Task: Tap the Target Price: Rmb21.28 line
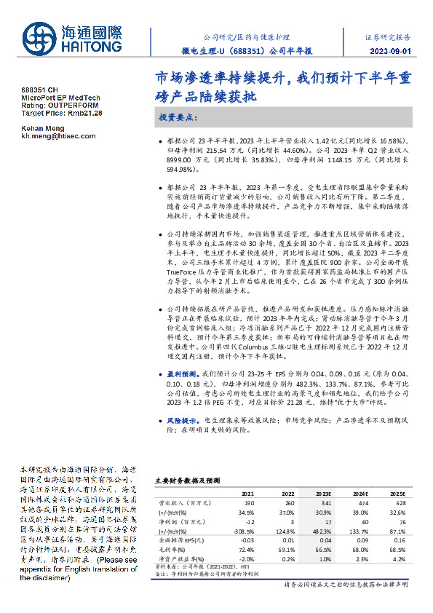click(62, 114)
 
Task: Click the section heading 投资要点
click(177, 116)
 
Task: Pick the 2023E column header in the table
click(322, 493)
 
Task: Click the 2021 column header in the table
click(247, 493)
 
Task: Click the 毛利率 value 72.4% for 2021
click(247, 549)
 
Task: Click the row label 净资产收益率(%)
click(180, 558)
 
